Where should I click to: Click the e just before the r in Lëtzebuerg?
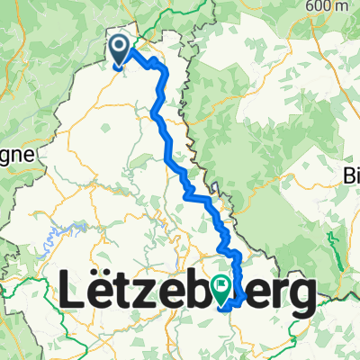coord(248,296)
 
